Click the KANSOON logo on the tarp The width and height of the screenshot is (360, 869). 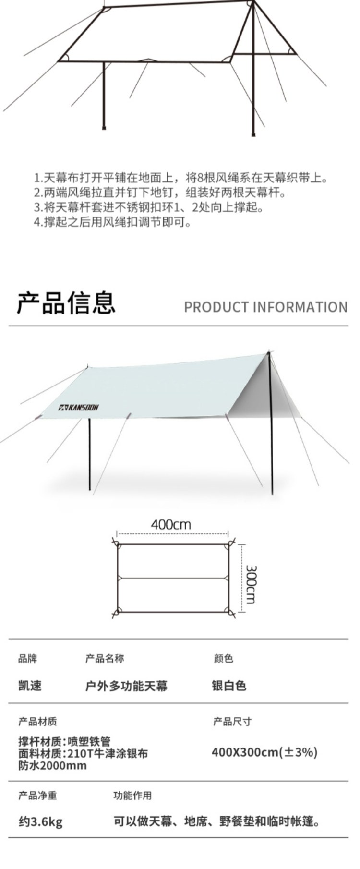click(x=79, y=408)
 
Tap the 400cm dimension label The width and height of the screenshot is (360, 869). click(x=171, y=524)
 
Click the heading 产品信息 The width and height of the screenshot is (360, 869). click(x=66, y=302)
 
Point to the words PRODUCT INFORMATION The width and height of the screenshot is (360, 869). click(x=265, y=307)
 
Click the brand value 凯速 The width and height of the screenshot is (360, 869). click(x=30, y=686)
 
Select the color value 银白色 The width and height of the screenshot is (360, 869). click(x=229, y=686)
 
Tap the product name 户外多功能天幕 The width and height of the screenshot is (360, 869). click(x=126, y=686)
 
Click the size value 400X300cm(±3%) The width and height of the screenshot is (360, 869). click(x=264, y=752)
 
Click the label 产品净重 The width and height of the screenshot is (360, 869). click(x=37, y=796)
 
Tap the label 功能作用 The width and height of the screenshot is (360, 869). click(x=132, y=796)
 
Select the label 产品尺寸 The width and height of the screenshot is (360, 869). click(x=232, y=722)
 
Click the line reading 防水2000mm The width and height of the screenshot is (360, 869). click(x=53, y=765)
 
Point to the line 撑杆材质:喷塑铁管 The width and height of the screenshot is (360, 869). click(x=65, y=742)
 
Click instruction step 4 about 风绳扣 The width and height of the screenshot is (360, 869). click(x=112, y=223)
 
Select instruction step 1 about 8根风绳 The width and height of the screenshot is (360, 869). click(x=181, y=179)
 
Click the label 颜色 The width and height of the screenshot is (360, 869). click(x=223, y=658)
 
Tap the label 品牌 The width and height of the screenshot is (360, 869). click(x=27, y=658)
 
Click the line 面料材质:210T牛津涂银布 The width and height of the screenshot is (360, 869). click(x=83, y=753)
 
